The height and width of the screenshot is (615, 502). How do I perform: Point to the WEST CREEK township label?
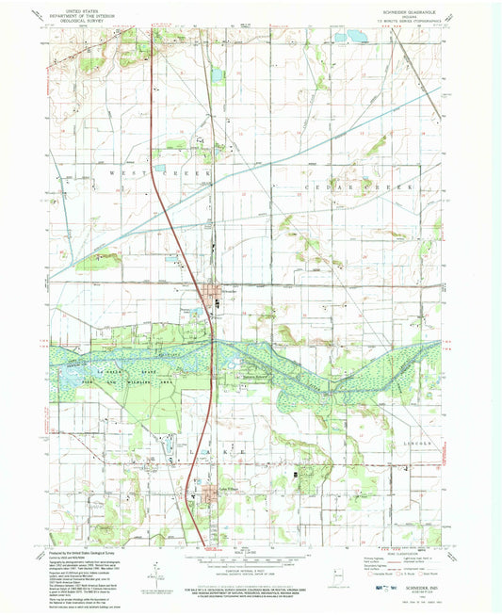click(142, 175)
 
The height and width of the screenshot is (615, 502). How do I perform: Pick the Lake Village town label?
click(218, 490)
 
